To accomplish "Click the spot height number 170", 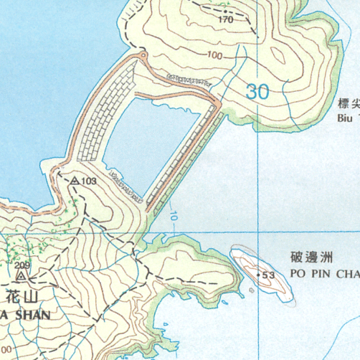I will click(x=226, y=20).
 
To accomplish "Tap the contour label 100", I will click(x=214, y=55).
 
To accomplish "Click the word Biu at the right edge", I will click(x=346, y=118).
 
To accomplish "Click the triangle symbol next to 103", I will click(x=74, y=181).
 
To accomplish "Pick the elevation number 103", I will click(x=88, y=181).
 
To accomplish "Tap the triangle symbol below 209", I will click(x=22, y=275).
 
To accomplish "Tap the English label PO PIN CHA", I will click(x=324, y=273).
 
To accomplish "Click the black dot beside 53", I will click(x=259, y=275).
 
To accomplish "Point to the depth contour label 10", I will click(x=174, y=214).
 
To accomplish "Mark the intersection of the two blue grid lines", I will click(x=259, y=232).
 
